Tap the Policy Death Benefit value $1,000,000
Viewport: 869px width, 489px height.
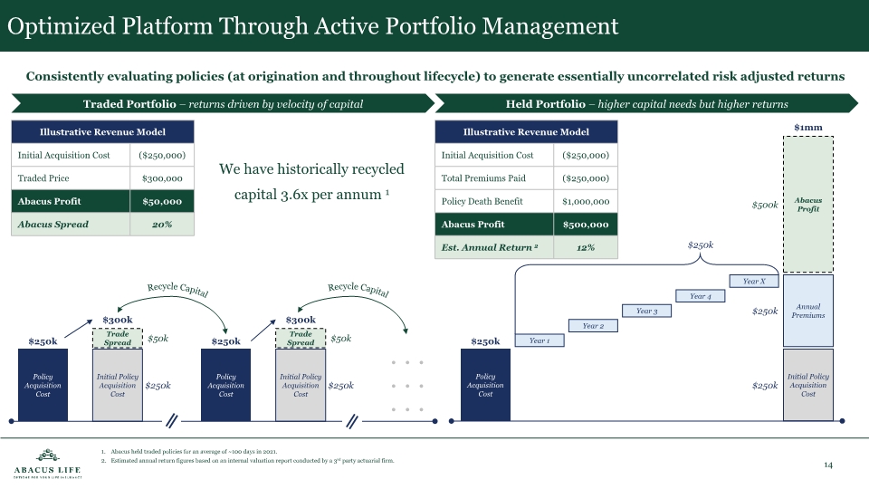click(x=585, y=201)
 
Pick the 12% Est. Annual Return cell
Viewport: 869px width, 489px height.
click(x=585, y=247)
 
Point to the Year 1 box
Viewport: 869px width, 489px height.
click(x=540, y=340)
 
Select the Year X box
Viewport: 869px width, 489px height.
click(x=753, y=282)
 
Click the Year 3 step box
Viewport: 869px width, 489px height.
click(x=646, y=311)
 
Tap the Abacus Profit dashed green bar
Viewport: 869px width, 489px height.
click(x=807, y=205)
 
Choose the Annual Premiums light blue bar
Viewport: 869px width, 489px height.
click(x=807, y=311)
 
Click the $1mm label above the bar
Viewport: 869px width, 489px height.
click(x=807, y=128)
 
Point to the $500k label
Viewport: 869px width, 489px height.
click(x=765, y=206)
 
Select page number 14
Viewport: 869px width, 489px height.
click(x=827, y=465)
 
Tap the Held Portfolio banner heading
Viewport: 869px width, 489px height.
click(x=646, y=104)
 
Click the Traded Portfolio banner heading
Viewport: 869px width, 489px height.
click(x=223, y=104)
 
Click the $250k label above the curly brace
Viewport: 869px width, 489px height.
click(x=701, y=244)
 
